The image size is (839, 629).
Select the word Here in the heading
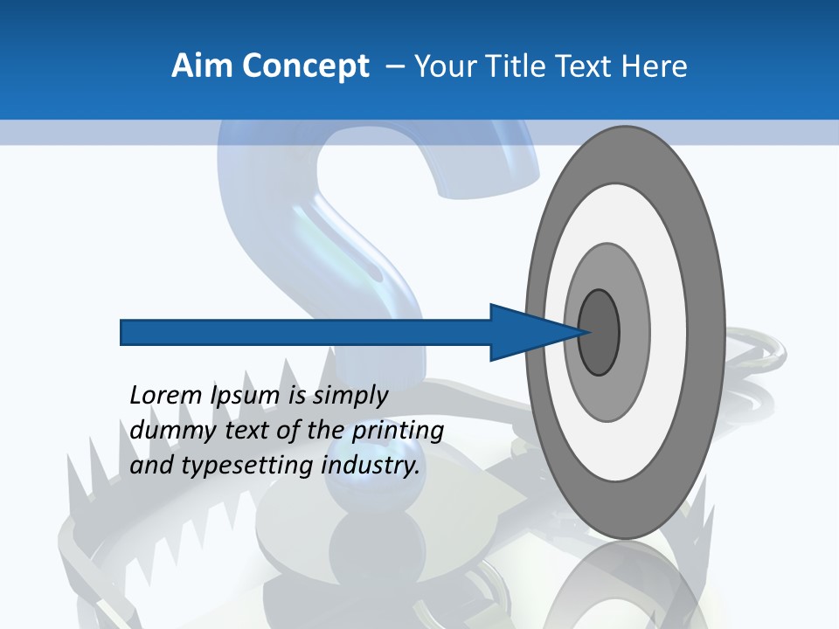[654, 66]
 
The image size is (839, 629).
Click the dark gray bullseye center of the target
[600, 333]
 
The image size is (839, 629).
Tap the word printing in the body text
[398, 431]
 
